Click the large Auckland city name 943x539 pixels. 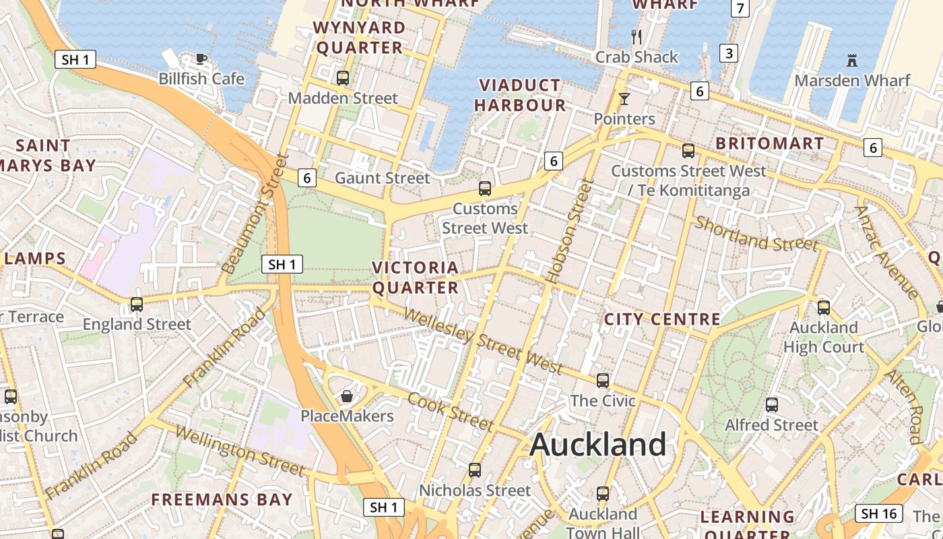(x=598, y=445)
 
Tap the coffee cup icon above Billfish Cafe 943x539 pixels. (x=201, y=59)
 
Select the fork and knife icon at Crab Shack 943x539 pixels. (x=637, y=36)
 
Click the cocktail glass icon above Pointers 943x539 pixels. (x=624, y=99)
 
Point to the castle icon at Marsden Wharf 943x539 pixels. (x=852, y=61)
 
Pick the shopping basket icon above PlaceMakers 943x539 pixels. (x=347, y=395)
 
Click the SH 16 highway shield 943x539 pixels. (x=880, y=513)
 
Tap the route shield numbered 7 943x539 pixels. (x=740, y=8)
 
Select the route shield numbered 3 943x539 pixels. (x=728, y=53)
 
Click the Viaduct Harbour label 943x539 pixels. (x=520, y=95)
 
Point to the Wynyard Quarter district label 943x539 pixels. (x=360, y=38)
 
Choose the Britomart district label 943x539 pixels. (x=769, y=144)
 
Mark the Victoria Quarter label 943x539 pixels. (x=416, y=278)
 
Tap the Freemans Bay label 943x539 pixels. (x=222, y=500)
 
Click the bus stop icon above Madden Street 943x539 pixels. (x=343, y=77)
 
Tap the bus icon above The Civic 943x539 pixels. (x=603, y=381)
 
